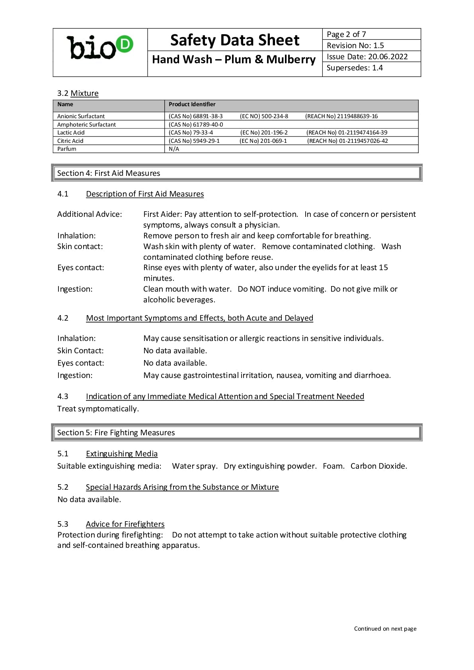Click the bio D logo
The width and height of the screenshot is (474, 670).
[100, 47]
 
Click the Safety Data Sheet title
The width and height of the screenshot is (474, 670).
[234, 40]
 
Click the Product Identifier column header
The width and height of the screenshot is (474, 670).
[192, 104]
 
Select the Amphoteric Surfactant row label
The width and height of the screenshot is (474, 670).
[86, 125]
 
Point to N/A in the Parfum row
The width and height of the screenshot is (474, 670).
[174, 149]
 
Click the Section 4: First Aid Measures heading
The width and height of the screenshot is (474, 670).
[109, 173]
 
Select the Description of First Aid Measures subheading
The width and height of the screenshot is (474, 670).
[145, 194]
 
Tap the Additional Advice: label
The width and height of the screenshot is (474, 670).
[90, 214]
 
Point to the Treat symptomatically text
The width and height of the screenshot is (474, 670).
[98, 409]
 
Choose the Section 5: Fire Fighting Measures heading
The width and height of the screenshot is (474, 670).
[116, 432]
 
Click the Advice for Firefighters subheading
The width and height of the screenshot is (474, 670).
[125, 524]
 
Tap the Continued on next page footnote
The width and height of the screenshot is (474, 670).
[385, 629]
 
